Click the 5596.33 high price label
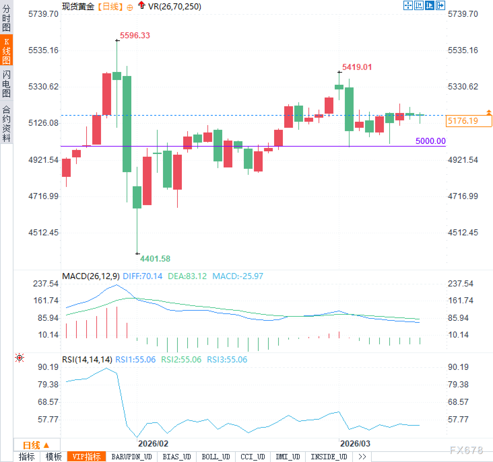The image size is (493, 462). [135, 35]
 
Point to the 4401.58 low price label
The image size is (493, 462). [155, 259]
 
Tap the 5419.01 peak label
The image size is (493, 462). [357, 67]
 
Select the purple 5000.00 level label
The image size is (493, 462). [430, 141]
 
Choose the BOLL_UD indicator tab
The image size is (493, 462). [216, 457]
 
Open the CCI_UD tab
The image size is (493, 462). [253, 457]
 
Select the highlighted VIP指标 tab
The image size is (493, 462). [87, 457]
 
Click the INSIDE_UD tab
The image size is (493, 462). [329, 457]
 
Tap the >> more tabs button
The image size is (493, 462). [362, 457]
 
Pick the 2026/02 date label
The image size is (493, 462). [153, 444]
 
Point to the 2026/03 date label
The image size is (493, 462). [355, 444]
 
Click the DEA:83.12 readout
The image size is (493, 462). [187, 276]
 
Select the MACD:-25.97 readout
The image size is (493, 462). [238, 276]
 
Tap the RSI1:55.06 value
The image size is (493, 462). [135, 359]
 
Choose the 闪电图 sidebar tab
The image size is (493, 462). [6, 84]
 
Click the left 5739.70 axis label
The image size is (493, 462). [43, 14]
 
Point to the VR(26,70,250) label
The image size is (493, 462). [174, 6]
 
